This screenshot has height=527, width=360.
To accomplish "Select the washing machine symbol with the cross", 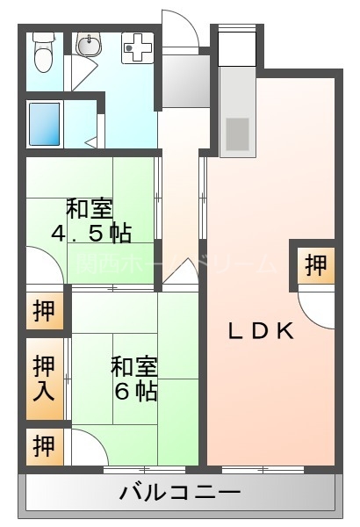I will click(x=136, y=46).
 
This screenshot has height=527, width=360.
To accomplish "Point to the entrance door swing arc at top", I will click(x=180, y=26).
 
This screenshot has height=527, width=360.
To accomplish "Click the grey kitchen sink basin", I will click(x=238, y=132).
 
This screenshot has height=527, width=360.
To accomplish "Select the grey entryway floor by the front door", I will click(x=183, y=83).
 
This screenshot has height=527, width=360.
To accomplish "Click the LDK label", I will click(x=260, y=331).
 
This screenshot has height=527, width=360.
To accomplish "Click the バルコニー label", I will click(x=179, y=494).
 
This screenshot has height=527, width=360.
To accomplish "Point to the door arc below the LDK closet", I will click(x=315, y=306).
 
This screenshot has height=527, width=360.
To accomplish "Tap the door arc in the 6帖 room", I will click(x=88, y=448).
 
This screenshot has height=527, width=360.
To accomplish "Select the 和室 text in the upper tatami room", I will click(x=90, y=209).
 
